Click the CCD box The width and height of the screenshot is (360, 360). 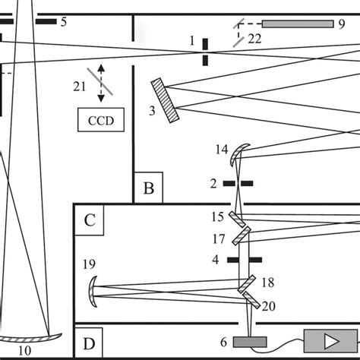100,120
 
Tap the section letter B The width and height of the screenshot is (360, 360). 149,188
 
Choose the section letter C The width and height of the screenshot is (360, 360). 90,220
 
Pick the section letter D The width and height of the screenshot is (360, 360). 90,345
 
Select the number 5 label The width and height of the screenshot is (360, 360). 64,22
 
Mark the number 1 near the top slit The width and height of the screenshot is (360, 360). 193,39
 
